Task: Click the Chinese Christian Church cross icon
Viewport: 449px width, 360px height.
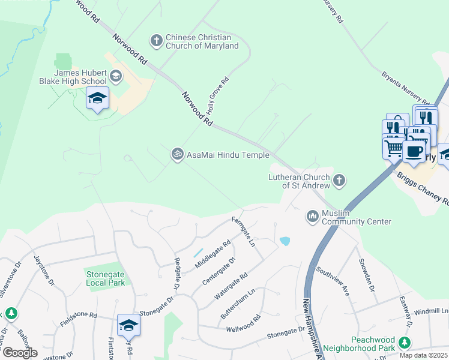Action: [156, 41]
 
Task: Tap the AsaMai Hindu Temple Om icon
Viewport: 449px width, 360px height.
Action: [177, 154]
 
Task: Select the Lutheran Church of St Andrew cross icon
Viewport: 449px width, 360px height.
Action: [339, 180]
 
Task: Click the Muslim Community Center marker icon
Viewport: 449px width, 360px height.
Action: [312, 215]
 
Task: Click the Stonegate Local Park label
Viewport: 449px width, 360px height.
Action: [105, 278]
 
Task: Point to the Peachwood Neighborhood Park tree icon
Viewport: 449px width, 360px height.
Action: [405, 343]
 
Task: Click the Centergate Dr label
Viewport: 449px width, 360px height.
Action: [220, 271]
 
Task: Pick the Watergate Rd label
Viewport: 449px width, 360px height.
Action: [231, 288]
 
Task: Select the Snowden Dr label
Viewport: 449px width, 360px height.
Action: [367, 275]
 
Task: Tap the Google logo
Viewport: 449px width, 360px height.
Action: [20, 353]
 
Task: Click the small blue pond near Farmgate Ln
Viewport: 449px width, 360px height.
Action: [285, 241]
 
